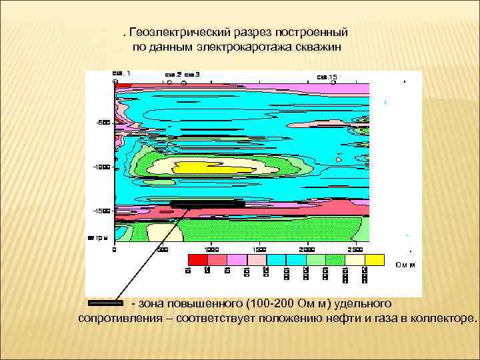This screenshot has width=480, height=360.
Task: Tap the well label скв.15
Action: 327,77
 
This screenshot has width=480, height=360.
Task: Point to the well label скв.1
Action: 121,72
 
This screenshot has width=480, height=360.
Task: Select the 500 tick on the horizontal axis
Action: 162,249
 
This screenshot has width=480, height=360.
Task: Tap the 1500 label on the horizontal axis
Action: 259,249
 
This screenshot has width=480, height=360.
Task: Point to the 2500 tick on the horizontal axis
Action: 354,249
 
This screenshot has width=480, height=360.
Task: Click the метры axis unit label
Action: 98,237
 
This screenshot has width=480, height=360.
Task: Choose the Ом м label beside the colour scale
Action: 405,265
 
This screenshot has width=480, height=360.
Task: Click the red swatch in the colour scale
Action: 197,259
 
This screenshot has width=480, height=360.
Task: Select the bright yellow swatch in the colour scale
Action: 374,259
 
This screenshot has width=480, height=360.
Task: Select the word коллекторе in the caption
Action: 442,318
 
